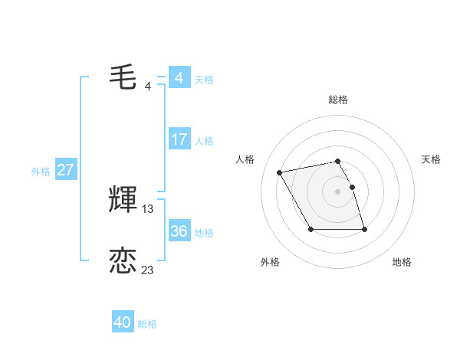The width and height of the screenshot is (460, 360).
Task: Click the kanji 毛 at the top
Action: click(123, 77)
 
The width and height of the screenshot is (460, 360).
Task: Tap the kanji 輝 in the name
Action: click(123, 200)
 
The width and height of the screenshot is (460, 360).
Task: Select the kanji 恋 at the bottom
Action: click(123, 261)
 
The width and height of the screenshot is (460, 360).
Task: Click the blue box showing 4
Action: click(179, 78)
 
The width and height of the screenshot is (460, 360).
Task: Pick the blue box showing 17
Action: click(179, 139)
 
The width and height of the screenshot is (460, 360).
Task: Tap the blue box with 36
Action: click(179, 231)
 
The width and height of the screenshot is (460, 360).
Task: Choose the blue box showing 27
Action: click(65, 170)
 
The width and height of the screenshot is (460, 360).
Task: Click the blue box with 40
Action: click(122, 322)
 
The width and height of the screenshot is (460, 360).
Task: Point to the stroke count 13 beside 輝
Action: click(148, 208)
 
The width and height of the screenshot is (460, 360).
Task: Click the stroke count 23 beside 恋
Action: click(148, 270)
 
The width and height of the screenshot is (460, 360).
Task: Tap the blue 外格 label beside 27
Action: click(41, 172)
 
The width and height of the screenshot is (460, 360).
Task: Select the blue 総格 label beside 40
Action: click(147, 324)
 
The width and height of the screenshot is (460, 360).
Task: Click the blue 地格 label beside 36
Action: click(204, 233)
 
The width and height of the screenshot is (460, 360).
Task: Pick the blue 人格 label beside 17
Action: click(204, 141)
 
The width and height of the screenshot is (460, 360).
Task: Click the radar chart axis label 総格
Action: click(338, 100)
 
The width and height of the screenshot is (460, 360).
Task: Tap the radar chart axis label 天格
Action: click(431, 159)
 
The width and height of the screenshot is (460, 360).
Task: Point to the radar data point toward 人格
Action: click(280, 173)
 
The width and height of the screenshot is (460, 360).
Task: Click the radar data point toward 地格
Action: click(363, 229)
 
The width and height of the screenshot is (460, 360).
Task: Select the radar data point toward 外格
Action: click(310, 229)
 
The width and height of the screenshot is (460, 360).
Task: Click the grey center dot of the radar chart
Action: click(338, 191)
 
